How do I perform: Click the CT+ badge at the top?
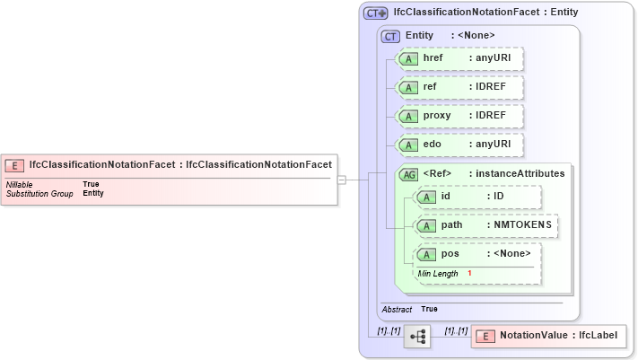(376, 13)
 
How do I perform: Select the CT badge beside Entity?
(390, 36)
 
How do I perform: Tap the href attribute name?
(434, 58)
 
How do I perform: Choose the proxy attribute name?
(437, 116)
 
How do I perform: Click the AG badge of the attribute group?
(408, 173)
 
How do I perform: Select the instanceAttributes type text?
(520, 173)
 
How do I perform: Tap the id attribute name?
(447, 196)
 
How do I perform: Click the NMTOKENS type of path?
(524, 224)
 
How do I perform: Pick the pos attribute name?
(450, 253)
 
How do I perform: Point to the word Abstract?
(397, 309)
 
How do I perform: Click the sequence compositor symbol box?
(417, 336)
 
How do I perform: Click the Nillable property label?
(20, 184)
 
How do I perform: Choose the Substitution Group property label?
(39, 193)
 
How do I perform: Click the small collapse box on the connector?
(342, 180)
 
